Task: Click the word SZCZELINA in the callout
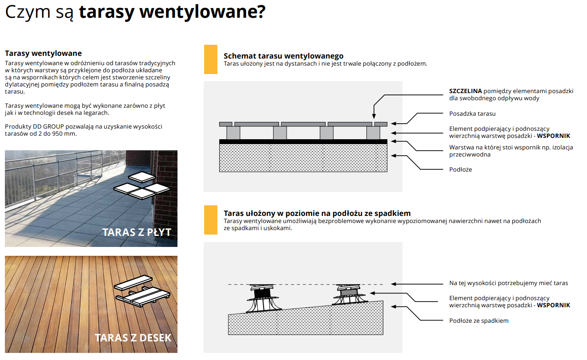[x=465, y=91]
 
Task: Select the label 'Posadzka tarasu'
[x=472, y=114]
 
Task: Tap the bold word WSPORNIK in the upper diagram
[x=553, y=136]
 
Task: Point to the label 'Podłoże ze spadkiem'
[x=479, y=321]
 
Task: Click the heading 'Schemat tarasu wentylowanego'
[x=284, y=56]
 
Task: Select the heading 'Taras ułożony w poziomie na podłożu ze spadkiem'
[x=317, y=213]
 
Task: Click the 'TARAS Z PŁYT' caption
[x=137, y=232]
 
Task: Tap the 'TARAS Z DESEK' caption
[x=133, y=338]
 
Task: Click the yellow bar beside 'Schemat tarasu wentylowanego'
[x=210, y=59]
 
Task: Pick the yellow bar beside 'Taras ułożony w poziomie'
[x=210, y=220]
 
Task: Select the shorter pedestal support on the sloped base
[x=349, y=295]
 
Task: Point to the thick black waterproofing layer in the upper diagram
[x=303, y=141]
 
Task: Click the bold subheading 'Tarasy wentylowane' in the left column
[x=43, y=54]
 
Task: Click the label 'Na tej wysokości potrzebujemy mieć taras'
[x=508, y=283]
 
